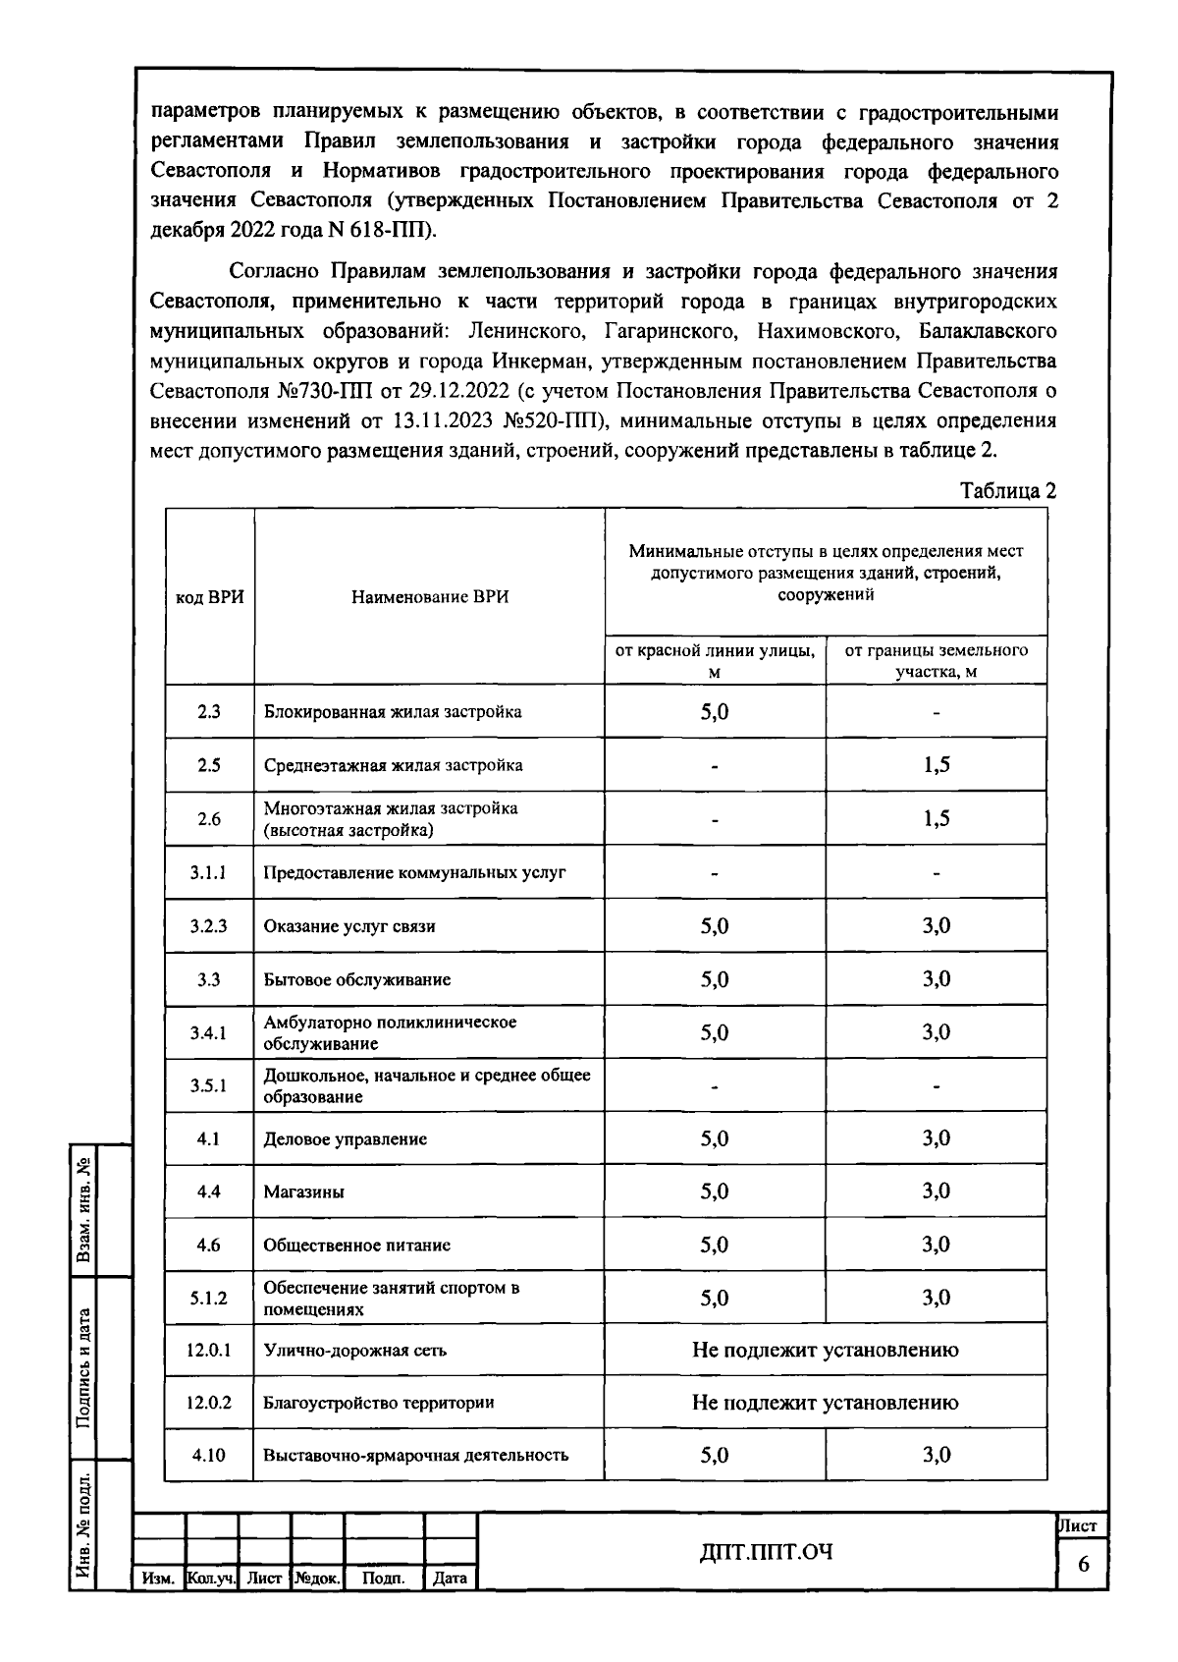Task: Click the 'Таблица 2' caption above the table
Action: (x=1007, y=491)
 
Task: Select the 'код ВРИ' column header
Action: (x=209, y=597)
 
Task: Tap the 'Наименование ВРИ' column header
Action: (x=430, y=597)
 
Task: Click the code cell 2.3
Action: (x=209, y=712)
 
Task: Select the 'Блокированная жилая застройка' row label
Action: (x=393, y=712)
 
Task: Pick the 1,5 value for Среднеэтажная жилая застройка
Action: (x=937, y=765)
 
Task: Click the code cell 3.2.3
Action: (x=209, y=925)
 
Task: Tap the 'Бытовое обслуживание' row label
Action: (x=357, y=979)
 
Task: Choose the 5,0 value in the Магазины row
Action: (x=715, y=1191)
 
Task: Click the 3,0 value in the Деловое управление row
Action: (x=937, y=1138)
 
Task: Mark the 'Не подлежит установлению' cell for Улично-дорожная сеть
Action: (x=826, y=1350)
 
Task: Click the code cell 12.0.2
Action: (x=209, y=1403)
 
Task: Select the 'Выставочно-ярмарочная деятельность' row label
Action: (x=416, y=1456)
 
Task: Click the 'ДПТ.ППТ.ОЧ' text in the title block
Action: (x=767, y=1552)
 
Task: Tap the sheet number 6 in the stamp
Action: (x=1084, y=1565)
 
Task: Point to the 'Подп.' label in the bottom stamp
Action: (x=383, y=1579)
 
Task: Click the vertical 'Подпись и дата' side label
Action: (x=84, y=1368)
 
